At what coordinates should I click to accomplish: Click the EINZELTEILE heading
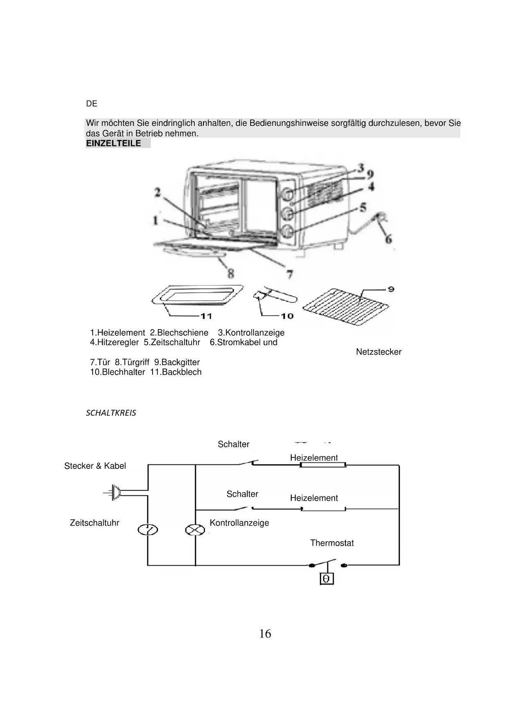tap(114, 143)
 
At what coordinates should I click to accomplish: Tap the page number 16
tap(265, 634)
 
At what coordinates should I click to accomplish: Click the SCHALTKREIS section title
tap(111, 413)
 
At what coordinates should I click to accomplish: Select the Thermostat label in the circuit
tap(332, 543)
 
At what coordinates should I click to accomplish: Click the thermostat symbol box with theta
tap(326, 578)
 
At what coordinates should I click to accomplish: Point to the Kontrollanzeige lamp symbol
tap(195, 530)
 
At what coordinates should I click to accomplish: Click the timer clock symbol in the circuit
tap(148, 530)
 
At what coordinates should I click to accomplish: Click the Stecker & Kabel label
tap(95, 466)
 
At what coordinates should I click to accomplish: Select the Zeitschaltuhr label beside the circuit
tap(94, 523)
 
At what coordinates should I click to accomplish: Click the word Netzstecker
tap(379, 352)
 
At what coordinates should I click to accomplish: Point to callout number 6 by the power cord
tap(388, 239)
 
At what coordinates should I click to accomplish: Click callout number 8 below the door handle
tap(231, 273)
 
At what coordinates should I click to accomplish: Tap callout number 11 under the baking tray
tap(206, 316)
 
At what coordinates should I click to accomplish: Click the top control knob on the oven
tap(287, 194)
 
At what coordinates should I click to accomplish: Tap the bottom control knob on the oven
tap(288, 231)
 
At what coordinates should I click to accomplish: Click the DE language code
tap(91, 104)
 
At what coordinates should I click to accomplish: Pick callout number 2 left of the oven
tap(157, 192)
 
